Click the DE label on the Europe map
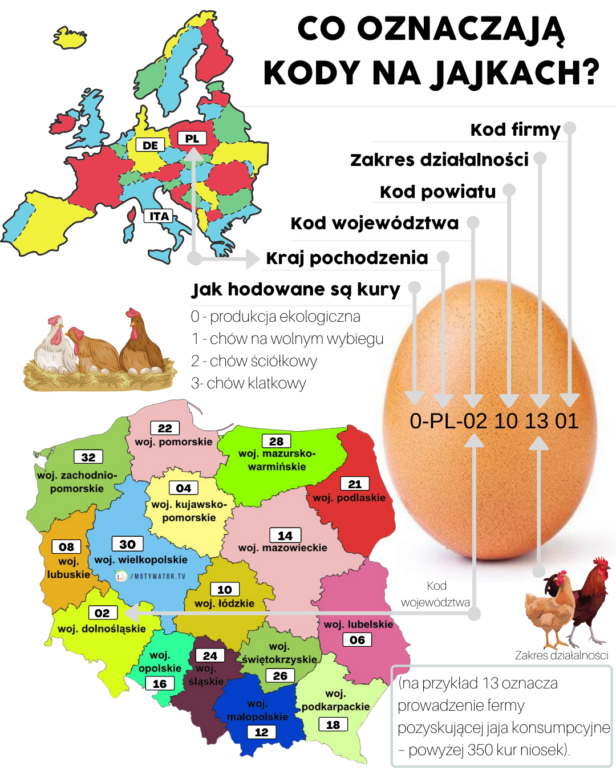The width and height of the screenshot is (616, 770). point(150,145)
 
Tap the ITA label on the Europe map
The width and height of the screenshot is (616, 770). point(159,216)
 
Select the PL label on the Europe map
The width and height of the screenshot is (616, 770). point(192,139)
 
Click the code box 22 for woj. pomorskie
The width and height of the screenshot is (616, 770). point(165,428)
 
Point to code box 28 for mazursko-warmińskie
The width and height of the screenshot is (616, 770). point(276,441)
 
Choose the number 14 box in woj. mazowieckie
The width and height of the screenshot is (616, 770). point(285,535)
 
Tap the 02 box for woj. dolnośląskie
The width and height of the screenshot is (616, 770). point(103,613)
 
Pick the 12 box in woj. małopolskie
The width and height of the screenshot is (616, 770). point(261,732)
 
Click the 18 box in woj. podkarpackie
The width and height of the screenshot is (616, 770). point(333,724)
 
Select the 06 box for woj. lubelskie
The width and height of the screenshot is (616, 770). point(357,639)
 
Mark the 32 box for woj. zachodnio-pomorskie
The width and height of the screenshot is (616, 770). point(88,457)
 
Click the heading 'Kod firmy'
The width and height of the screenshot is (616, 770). point(515,129)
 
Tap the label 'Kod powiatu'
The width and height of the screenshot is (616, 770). point(438,192)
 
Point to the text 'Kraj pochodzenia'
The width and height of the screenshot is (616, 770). point(347,258)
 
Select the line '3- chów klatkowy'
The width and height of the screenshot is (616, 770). point(249,383)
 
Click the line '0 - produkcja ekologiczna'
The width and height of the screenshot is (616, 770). point(275,317)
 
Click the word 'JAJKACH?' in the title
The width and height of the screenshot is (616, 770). point(515,73)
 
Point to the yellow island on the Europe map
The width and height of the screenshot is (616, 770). point(70,37)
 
